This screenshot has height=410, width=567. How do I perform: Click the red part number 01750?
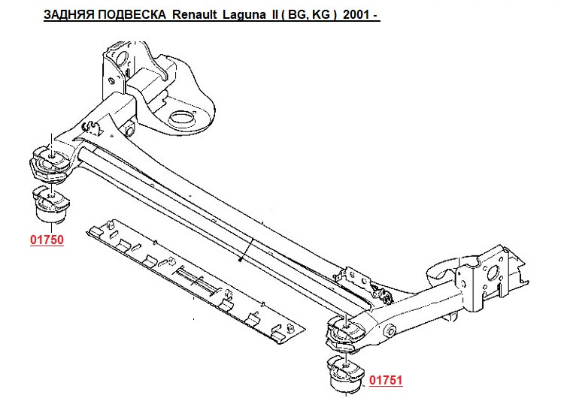(47, 240)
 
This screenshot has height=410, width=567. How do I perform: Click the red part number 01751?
(386, 380)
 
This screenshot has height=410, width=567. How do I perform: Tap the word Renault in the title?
(195, 15)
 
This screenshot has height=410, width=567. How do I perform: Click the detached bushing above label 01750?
(51, 203)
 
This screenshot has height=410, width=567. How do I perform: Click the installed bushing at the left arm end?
(50, 163)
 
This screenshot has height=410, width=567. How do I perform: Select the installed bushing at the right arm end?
(345, 333)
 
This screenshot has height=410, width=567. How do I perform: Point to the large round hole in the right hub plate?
(493, 273)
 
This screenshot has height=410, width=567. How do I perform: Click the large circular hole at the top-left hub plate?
(121, 59)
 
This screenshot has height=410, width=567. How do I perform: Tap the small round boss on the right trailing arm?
(390, 330)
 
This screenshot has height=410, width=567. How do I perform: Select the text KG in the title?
(320, 15)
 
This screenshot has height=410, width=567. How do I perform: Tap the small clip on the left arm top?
(90, 127)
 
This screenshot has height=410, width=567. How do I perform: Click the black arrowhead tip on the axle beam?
(241, 259)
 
